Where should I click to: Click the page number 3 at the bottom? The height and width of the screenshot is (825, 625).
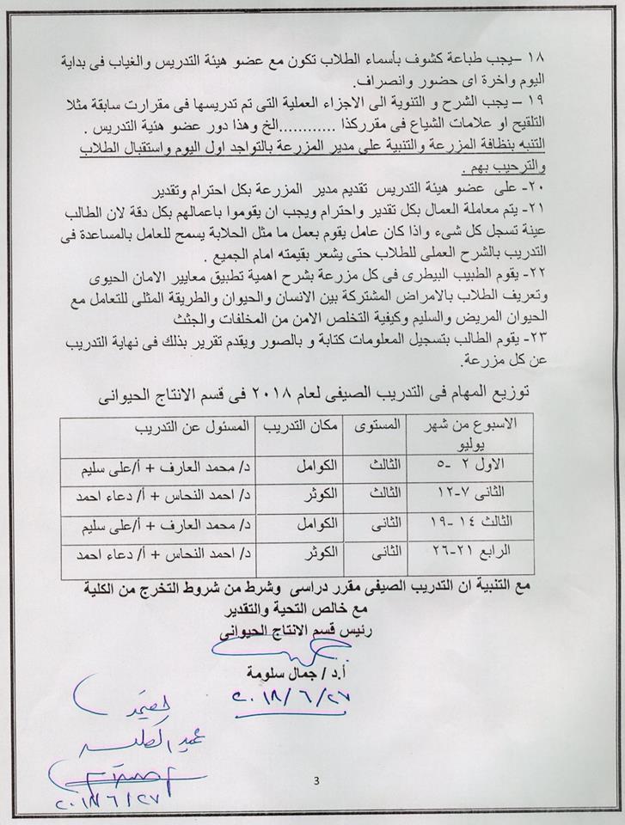coord(316,781)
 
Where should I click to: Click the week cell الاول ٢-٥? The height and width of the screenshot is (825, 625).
coord(487,462)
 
